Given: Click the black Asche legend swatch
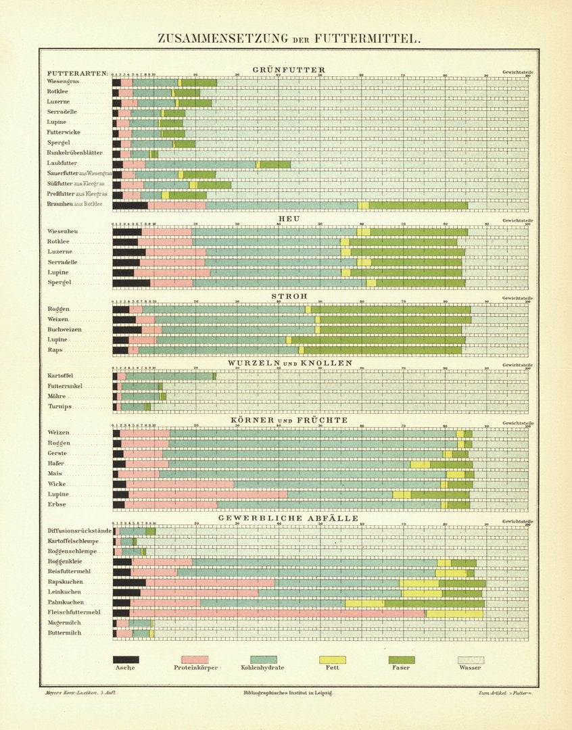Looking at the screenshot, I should click(126, 659).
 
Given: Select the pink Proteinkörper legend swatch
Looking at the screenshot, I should click(195, 659).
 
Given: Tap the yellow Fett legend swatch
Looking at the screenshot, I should click(332, 659).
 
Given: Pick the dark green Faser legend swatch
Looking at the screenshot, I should click(402, 659).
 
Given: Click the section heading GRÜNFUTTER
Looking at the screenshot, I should click(289, 70).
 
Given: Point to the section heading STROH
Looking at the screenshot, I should click(289, 296).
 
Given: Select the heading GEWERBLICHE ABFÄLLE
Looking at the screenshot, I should click(288, 518).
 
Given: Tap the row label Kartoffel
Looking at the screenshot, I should click(61, 376).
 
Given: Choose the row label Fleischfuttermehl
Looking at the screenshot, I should click(74, 612).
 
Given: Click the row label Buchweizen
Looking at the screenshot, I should click(64, 329).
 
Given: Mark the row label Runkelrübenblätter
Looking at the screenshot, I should click(74, 153).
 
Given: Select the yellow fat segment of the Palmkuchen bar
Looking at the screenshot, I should click(365, 603).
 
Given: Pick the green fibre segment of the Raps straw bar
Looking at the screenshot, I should click(383, 350).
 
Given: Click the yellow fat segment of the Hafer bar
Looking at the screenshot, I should click(420, 464).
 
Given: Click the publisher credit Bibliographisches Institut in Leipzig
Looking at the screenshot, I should click(287, 693).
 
